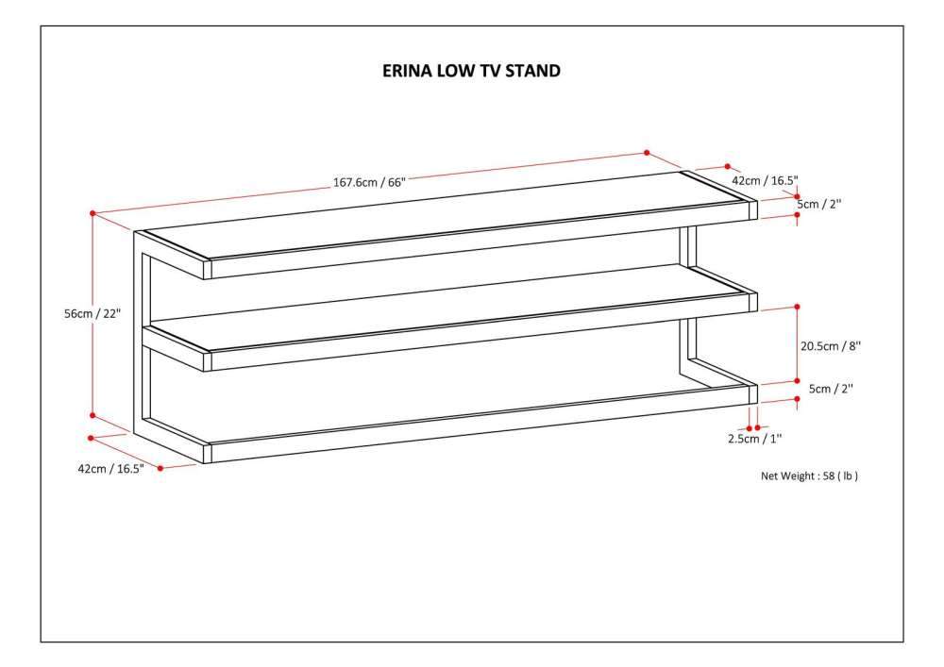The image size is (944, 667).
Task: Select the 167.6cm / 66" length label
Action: (x=368, y=183)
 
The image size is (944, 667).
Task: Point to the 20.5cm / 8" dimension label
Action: (x=831, y=346)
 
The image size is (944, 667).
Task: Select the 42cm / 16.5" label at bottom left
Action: (x=110, y=469)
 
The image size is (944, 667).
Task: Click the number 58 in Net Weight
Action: (x=829, y=476)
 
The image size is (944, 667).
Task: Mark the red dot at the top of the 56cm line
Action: (x=93, y=214)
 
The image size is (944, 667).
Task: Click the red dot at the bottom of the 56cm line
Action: (x=93, y=414)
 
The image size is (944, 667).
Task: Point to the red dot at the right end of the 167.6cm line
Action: (x=647, y=152)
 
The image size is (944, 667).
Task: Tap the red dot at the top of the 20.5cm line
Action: (x=798, y=307)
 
